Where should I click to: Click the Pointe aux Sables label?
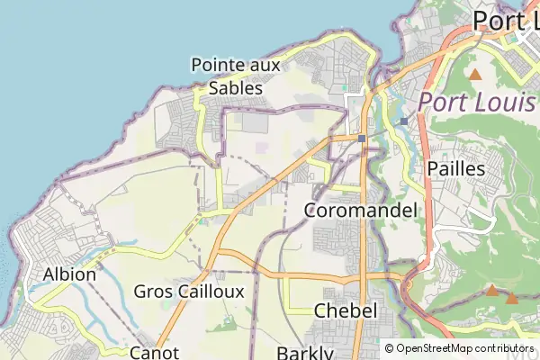pos(236,76)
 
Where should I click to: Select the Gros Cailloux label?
pos(188,292)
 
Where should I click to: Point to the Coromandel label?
pos(361,211)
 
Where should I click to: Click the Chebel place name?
pos(345,310)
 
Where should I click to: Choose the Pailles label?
pos(456,168)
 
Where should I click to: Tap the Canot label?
pos(155,352)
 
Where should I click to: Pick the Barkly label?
pos(305,353)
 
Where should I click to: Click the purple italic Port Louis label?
pos(478,101)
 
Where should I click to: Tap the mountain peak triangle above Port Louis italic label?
pos(474,74)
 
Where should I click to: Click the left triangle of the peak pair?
pos(492,290)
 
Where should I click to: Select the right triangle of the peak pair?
pos(512,298)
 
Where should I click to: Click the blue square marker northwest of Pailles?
pos(404,121)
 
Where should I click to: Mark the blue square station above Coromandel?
pos(361,139)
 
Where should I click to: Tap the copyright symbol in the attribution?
pos(389,348)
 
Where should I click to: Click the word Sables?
pos(236,88)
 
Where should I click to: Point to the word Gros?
pos(152,292)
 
